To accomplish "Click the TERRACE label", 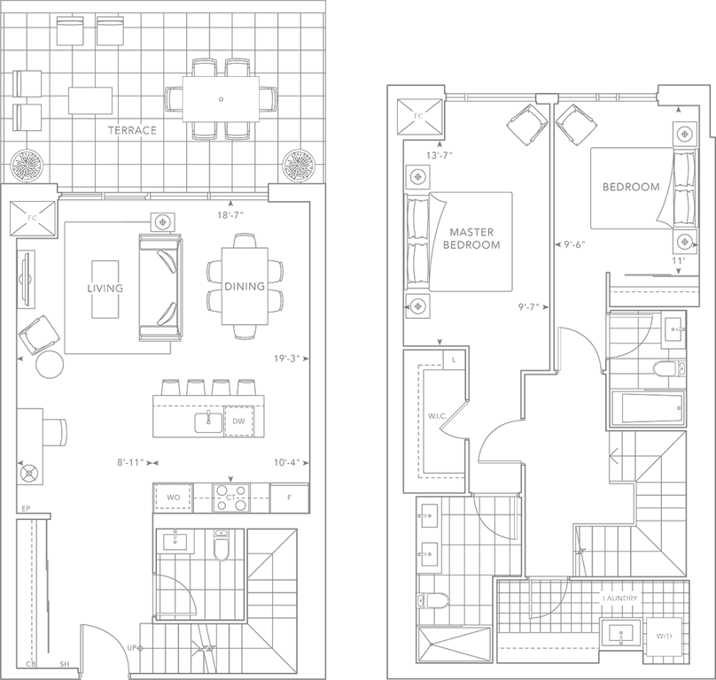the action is (x=132, y=130).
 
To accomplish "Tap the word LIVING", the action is (x=104, y=289).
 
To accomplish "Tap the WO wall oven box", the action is (x=173, y=498).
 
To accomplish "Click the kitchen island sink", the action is (x=210, y=421).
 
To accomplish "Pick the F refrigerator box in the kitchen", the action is (x=288, y=498).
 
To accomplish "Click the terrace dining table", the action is (x=221, y=98).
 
